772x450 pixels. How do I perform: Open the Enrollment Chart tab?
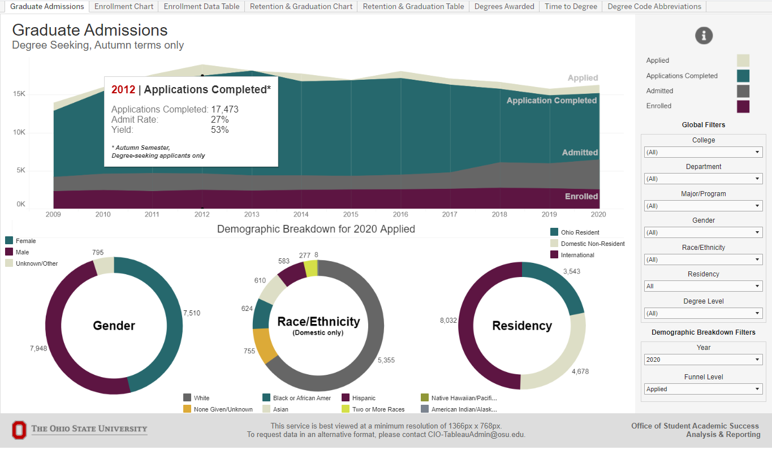pos(124,7)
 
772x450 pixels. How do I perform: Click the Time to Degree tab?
pos(571,7)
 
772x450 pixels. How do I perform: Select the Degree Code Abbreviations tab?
pos(654,7)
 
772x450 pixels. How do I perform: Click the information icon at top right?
pos(704,36)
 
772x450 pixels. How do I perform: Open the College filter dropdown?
pos(703,152)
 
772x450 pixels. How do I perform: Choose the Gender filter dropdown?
pos(703,233)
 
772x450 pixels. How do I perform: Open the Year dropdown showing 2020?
pos(703,360)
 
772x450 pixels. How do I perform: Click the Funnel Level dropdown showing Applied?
pos(703,389)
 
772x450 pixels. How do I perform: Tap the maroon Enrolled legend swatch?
pos(743,106)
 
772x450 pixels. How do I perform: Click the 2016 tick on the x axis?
pos(400,215)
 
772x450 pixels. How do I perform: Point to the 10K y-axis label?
pos(19,132)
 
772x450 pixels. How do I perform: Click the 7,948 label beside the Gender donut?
pos(38,348)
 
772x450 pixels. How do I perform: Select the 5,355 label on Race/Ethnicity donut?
pos(386,360)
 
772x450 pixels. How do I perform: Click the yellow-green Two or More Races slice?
pos(310,268)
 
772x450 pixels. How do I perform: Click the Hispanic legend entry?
pos(363,398)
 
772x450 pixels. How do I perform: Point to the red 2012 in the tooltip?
pos(123,90)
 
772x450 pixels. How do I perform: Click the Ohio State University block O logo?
pos(19,430)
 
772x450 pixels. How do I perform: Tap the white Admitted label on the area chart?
pos(580,153)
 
